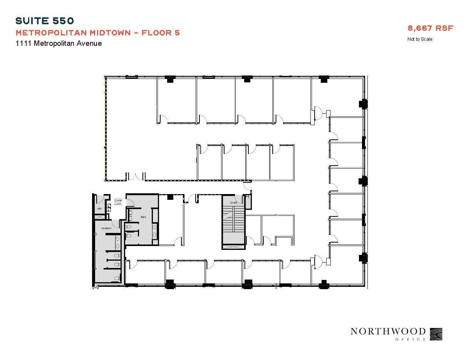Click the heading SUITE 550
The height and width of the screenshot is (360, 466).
(44, 21)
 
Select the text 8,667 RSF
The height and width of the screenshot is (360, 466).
(431, 28)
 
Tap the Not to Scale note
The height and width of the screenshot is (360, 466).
(420, 39)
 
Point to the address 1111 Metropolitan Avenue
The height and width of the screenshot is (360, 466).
(59, 44)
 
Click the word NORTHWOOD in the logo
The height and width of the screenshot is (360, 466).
(388, 332)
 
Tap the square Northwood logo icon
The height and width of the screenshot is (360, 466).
(436, 334)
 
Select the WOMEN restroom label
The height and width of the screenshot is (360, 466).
(106, 228)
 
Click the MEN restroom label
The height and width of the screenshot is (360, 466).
(143, 217)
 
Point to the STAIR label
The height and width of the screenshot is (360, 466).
(233, 203)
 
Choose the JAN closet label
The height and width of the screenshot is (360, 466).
(99, 209)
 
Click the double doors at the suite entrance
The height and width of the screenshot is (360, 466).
(136, 177)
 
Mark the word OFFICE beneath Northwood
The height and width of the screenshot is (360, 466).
(411, 339)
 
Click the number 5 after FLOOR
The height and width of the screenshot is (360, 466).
(177, 33)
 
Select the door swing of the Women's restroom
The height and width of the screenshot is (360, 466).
(115, 223)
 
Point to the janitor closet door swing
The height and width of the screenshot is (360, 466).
(100, 199)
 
